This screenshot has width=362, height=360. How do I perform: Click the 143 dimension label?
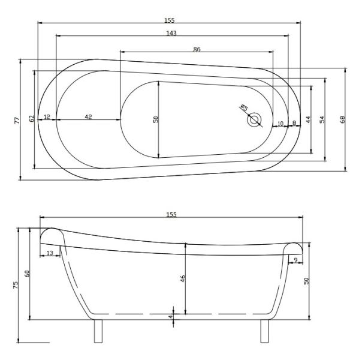point(171,33)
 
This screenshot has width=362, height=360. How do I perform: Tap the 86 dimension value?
point(197,49)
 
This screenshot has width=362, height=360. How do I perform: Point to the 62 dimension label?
point(32,118)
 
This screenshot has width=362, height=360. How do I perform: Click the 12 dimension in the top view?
point(47,116)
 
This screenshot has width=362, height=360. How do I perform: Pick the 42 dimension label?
point(88,116)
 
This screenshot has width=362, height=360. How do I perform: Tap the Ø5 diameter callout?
point(244,107)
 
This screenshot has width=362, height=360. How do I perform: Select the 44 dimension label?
point(308,119)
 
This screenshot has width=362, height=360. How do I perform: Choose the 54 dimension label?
point(322,119)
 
